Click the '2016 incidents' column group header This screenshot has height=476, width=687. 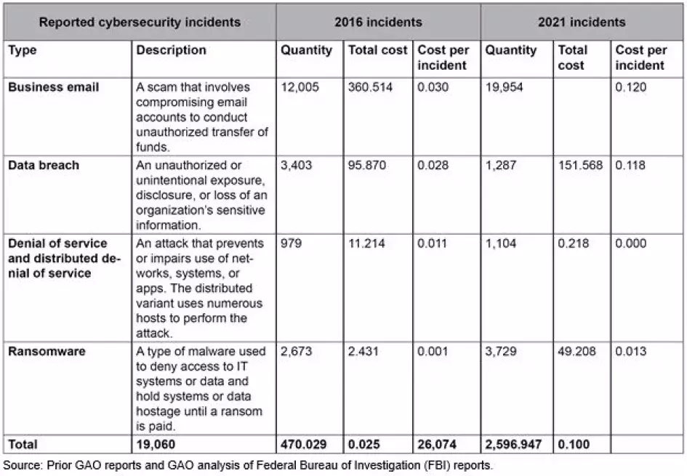pyautogui.click(x=377, y=22)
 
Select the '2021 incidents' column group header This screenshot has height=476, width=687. pyautogui.click(x=581, y=22)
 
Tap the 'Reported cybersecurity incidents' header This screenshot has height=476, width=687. pyautogui.click(x=140, y=22)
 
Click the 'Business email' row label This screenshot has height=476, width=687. pyautogui.click(x=54, y=87)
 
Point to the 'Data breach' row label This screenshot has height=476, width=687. pyautogui.click(x=44, y=166)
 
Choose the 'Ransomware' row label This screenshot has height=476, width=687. pyautogui.click(x=47, y=352)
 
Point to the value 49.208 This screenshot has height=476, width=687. pyautogui.click(x=577, y=352)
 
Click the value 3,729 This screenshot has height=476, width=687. pyautogui.click(x=501, y=352)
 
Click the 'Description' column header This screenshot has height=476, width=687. pyautogui.click(x=171, y=51)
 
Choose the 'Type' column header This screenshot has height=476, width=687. pyautogui.click(x=23, y=51)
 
